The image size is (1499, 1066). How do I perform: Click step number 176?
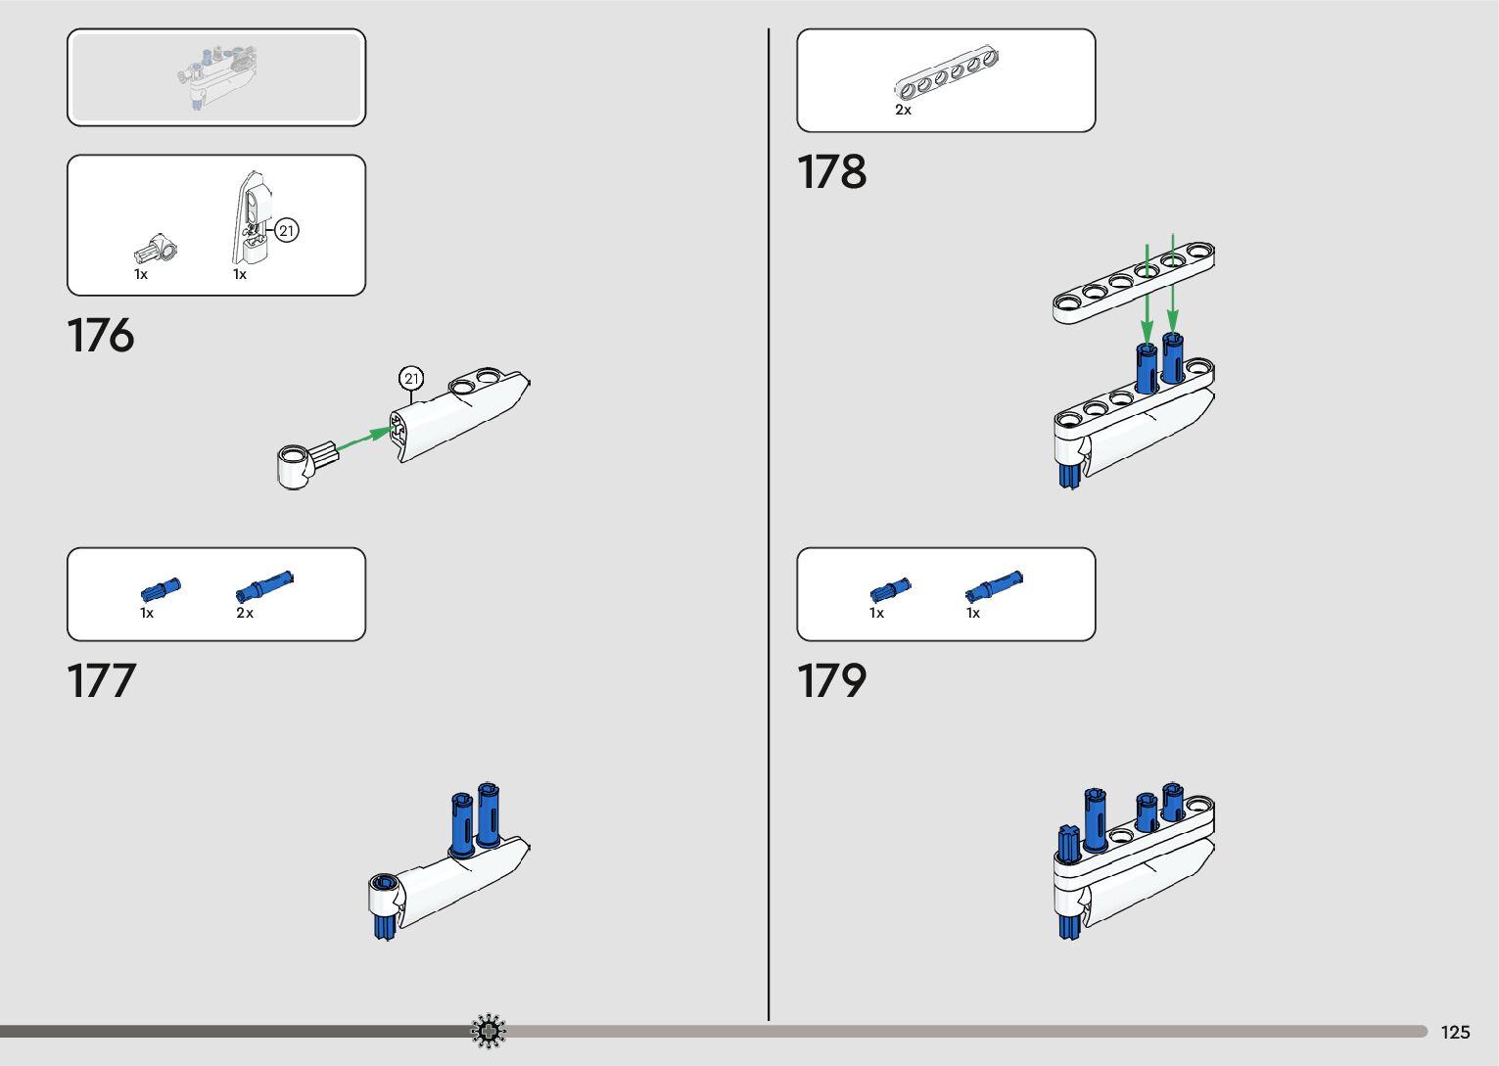[100, 336]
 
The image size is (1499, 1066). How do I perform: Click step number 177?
[100, 681]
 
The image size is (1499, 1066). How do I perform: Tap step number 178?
[831, 172]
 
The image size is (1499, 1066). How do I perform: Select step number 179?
[831, 681]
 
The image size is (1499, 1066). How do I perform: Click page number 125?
[1455, 1032]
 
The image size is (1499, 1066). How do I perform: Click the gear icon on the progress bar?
[488, 1031]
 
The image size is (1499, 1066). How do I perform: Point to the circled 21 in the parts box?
[286, 231]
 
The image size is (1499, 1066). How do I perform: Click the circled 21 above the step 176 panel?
[411, 379]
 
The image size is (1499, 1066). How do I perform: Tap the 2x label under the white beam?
[903, 111]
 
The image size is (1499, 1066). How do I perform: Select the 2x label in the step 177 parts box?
[244, 614]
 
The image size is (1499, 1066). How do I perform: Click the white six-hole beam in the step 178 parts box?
[946, 74]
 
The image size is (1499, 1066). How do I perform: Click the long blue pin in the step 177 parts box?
[264, 585]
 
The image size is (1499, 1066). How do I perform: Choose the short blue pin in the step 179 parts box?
[890, 589]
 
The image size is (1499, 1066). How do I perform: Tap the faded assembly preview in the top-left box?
[216, 76]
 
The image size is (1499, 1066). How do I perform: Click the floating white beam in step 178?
[1134, 283]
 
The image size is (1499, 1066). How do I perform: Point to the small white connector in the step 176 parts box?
[156, 250]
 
